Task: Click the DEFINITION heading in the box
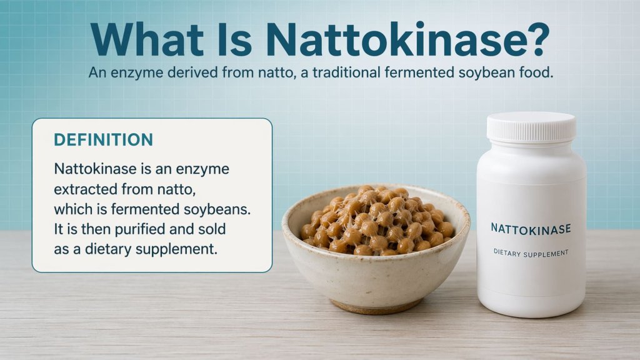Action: tap(103, 140)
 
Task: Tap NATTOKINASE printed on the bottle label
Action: tap(531, 229)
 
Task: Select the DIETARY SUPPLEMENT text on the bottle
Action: tap(531, 253)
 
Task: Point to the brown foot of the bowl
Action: tap(376, 306)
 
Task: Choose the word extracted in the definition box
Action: tap(87, 189)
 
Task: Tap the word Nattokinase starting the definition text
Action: tap(93, 169)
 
